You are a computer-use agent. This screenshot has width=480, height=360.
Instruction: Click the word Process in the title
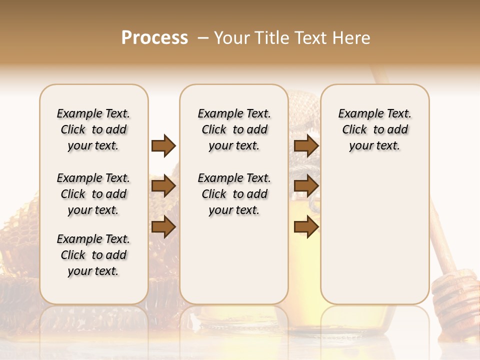(x=154, y=38)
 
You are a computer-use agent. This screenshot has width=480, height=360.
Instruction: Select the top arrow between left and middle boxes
(x=163, y=145)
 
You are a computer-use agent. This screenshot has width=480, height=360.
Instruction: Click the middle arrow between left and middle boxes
(x=163, y=186)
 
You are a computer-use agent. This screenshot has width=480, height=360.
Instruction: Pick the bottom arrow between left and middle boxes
(x=163, y=226)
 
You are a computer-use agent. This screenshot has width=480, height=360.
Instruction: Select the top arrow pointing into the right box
(x=306, y=145)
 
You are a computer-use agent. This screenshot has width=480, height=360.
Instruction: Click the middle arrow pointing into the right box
(x=306, y=186)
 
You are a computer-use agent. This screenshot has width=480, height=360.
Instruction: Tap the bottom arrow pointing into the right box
(x=306, y=226)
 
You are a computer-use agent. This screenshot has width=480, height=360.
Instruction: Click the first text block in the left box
(x=93, y=129)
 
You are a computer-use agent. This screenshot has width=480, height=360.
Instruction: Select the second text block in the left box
(x=93, y=194)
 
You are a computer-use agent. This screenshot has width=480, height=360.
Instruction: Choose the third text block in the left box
(x=93, y=255)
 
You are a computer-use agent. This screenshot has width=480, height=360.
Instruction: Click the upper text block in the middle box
(x=234, y=129)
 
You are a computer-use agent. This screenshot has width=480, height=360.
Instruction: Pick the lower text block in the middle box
(x=234, y=194)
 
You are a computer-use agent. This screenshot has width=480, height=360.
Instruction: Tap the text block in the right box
(x=374, y=129)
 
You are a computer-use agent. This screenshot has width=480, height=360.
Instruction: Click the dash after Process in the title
(x=202, y=38)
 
